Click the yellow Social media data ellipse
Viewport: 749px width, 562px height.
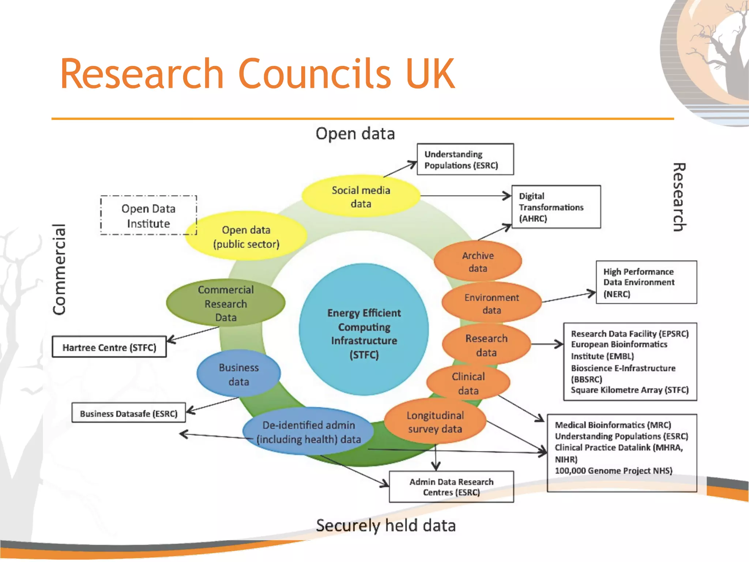point(361,197)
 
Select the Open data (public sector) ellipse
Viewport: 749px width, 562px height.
point(246,237)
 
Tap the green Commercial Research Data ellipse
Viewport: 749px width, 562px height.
point(226,303)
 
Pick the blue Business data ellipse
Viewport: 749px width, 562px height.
point(238,374)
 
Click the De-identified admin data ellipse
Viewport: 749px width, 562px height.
point(308,432)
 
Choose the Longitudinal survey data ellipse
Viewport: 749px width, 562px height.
point(435,422)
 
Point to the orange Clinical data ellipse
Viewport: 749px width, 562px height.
point(468,383)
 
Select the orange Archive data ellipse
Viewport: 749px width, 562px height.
point(478,262)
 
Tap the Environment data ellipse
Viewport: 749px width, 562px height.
point(491,303)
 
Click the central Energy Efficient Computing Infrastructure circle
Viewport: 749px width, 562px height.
point(364,330)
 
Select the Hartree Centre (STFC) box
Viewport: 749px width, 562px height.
point(109,347)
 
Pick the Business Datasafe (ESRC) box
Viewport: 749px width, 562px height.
point(128,413)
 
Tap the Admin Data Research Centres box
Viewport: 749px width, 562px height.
point(451,487)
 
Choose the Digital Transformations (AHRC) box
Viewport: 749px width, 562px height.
point(556,207)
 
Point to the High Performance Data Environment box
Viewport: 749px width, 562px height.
point(646,282)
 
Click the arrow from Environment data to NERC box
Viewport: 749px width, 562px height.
point(568,297)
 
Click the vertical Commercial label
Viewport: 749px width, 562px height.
point(59,269)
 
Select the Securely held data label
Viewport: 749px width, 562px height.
point(386,525)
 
